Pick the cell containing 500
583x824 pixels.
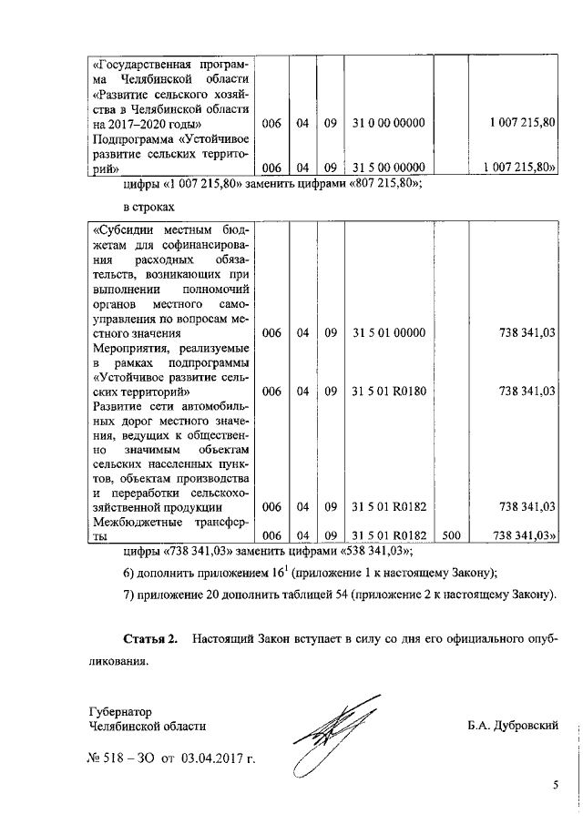tap(451, 536)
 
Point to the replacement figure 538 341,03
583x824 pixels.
tap(374, 552)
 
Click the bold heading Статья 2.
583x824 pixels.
tap(151, 633)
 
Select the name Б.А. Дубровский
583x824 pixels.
tap(511, 726)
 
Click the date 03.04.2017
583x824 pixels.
tap(215, 757)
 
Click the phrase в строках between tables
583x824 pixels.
tap(148, 209)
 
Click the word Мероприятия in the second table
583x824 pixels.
tap(132, 349)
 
